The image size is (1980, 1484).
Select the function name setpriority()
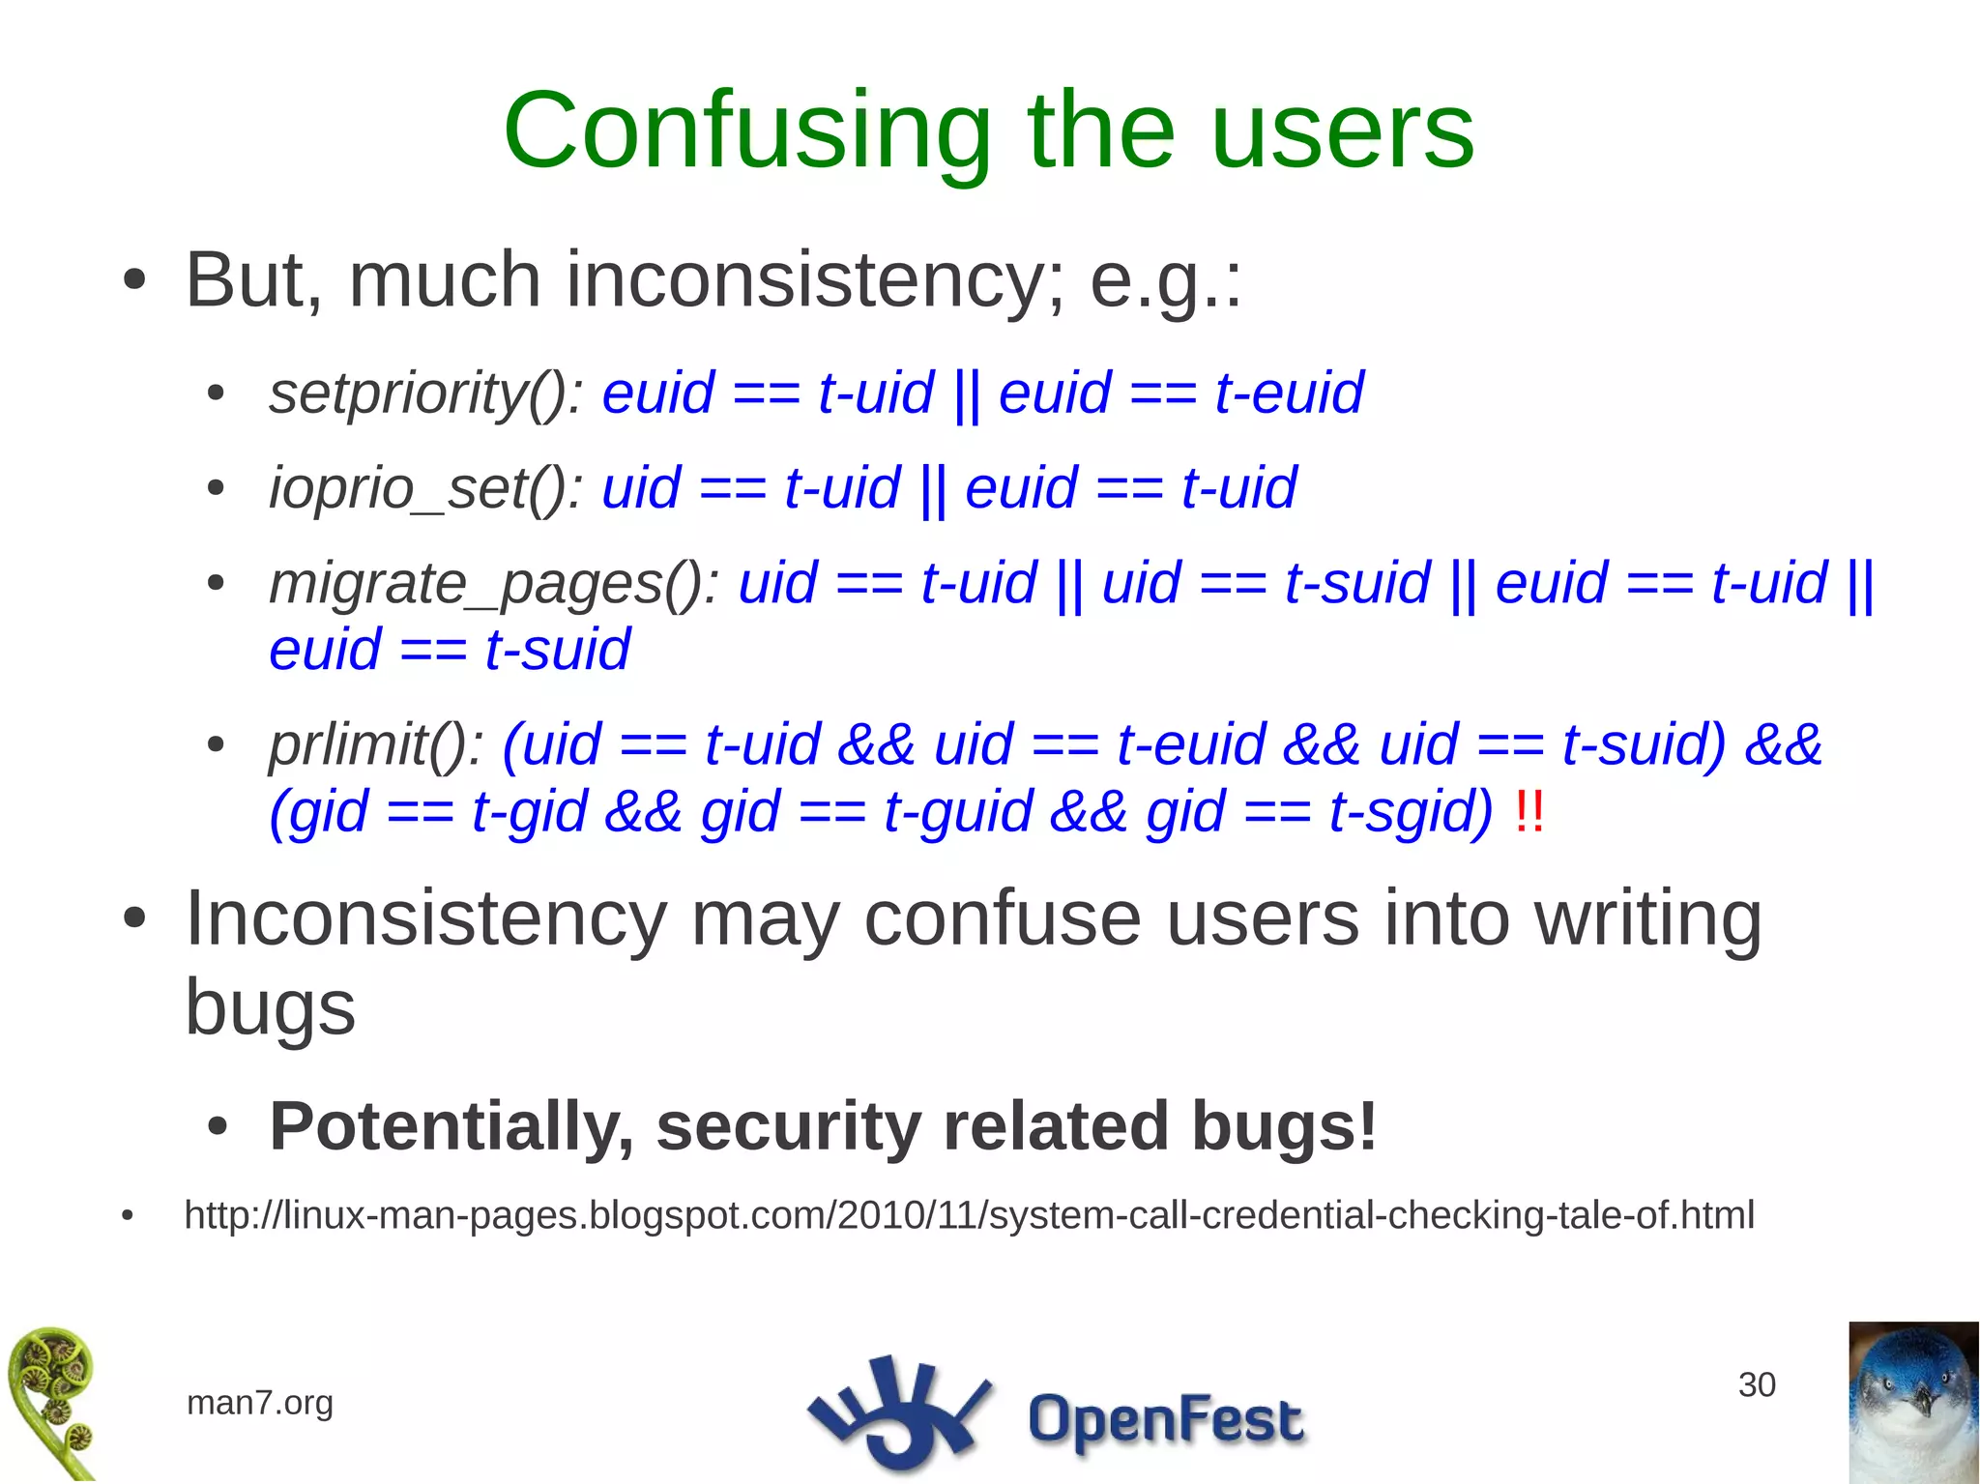425,393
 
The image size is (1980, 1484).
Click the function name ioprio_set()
425,487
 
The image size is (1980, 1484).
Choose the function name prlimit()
376,745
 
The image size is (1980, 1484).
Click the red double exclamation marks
1529,811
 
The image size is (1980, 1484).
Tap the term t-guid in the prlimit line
958,811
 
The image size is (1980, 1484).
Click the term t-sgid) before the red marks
1411,811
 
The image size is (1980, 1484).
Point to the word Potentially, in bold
451,1126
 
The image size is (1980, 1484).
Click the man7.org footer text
259,1402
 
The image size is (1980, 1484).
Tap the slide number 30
1756,1384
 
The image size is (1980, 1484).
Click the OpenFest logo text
1165,1419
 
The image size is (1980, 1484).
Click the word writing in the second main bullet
1648,918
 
